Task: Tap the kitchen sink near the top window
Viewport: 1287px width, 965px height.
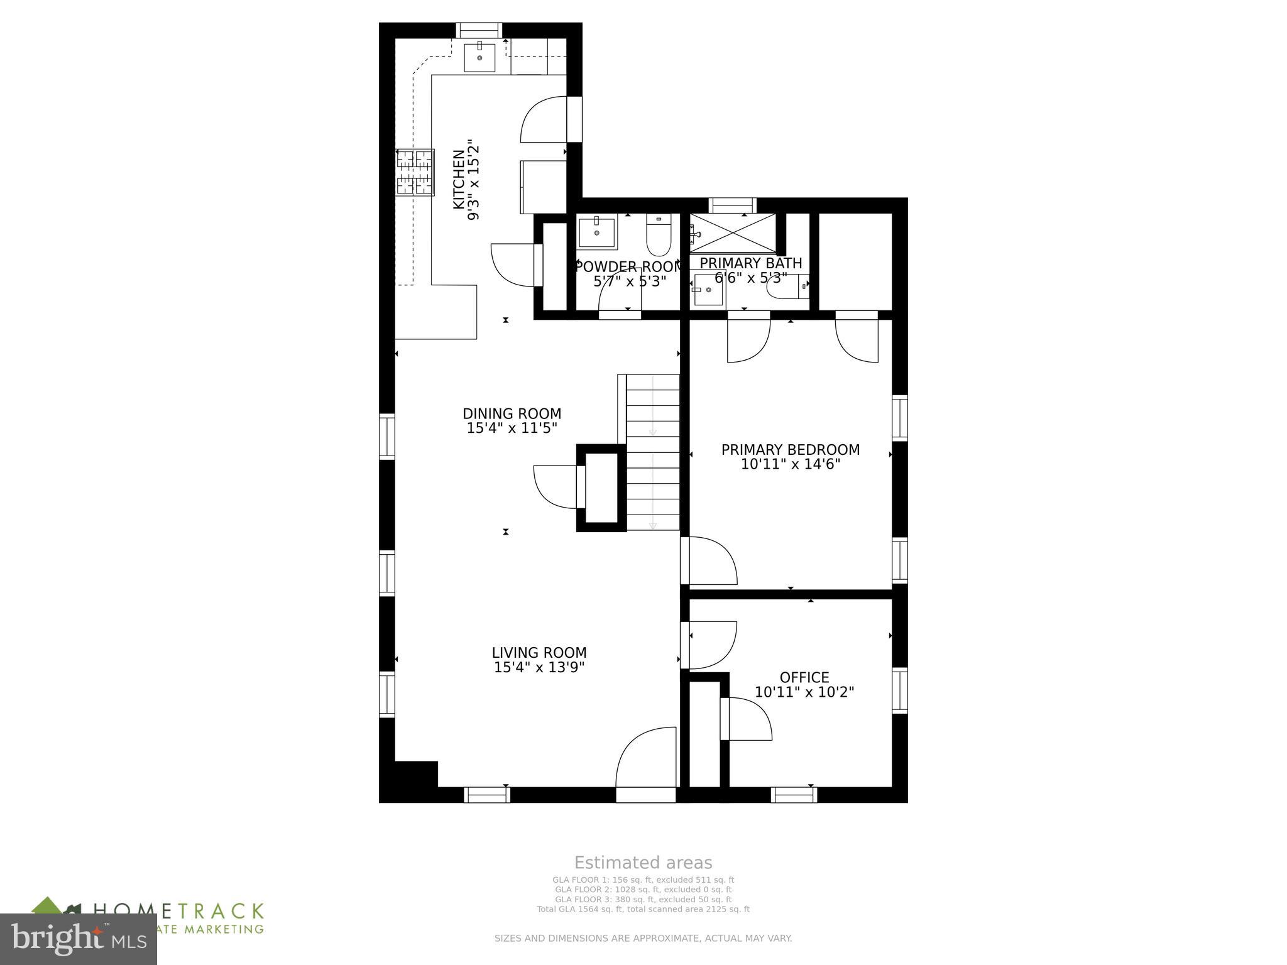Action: pos(479,58)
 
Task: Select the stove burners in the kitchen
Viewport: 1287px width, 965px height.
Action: pos(415,172)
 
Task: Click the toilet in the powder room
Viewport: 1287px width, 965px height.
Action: pos(659,235)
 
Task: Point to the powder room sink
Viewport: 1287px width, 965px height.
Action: pos(597,232)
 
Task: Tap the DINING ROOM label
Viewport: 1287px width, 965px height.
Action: pos(512,414)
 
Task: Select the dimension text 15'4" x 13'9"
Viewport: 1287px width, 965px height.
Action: pos(539,667)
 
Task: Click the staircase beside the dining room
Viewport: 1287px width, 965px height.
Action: pos(653,452)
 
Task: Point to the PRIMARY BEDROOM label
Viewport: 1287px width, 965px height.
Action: pos(790,450)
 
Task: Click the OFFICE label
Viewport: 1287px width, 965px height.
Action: pos(804,677)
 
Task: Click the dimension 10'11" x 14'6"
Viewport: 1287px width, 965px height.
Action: pos(790,465)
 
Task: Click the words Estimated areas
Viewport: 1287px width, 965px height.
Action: pos(643,863)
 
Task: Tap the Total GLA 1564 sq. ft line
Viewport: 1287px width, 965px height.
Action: pos(643,909)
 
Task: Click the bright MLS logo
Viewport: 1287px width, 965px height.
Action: pos(78,939)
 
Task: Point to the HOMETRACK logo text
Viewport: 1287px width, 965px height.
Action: pos(178,911)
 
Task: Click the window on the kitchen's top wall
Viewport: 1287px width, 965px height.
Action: pos(479,30)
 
